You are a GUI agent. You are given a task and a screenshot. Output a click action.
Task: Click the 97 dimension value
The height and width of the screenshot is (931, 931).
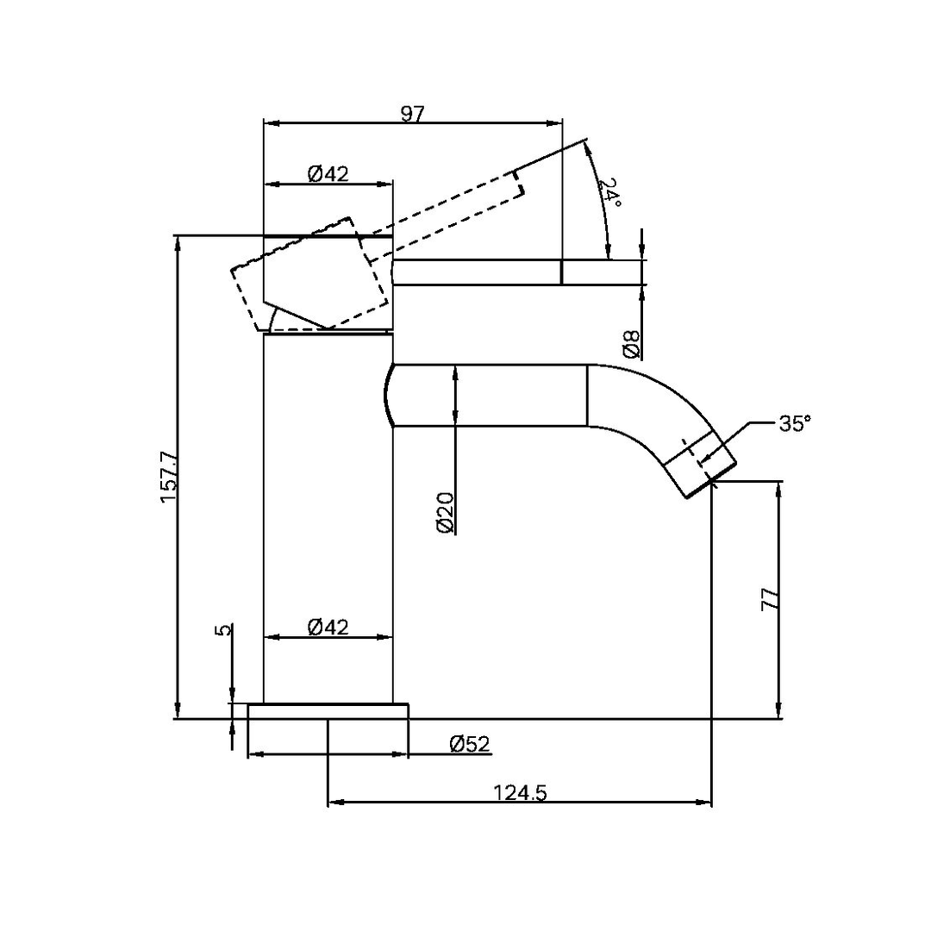point(413,115)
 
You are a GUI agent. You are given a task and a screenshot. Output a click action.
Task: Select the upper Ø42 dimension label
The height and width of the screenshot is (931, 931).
point(328,174)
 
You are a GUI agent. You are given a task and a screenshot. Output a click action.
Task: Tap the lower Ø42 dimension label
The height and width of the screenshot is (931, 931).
point(328,627)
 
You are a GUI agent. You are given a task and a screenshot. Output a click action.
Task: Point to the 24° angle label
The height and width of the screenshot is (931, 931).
point(610,191)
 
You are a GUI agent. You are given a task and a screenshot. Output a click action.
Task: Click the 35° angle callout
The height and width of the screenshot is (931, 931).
point(794,423)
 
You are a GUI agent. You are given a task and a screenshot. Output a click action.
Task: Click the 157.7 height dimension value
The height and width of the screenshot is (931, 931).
point(168,478)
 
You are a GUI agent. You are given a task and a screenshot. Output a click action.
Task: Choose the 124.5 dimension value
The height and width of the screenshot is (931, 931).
point(521,791)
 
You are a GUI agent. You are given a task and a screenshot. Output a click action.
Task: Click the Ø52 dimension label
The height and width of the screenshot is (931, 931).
point(470,744)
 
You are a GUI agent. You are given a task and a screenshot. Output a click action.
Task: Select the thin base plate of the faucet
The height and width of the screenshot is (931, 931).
point(328,710)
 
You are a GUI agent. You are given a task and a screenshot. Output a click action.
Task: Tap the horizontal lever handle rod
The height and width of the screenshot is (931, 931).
point(517,272)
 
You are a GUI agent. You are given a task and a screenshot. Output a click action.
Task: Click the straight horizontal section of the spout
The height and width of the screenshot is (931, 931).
point(491,395)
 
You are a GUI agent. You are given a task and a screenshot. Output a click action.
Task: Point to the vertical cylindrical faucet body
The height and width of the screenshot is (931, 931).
point(328,517)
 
